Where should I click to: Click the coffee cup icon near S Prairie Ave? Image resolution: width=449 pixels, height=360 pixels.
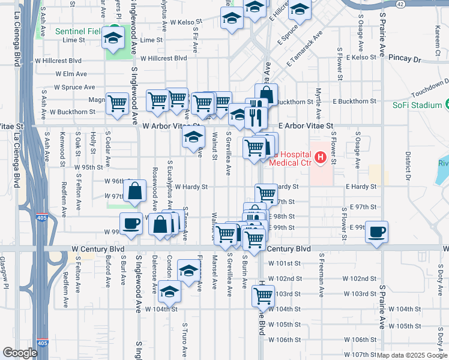tap(376, 232)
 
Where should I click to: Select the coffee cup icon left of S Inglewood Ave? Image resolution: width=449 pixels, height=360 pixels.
tap(131, 224)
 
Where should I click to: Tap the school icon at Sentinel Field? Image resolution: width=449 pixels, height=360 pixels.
tap(112, 38)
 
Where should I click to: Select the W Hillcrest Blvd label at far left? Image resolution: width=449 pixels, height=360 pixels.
tap(58, 61)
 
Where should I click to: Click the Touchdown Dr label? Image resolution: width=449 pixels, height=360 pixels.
tap(430, 88)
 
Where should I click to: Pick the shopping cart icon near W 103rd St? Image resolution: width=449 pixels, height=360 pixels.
tap(263, 294)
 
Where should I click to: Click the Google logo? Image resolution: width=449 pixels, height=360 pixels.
tap(20, 353)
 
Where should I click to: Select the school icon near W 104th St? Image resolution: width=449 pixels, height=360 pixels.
tap(169, 292)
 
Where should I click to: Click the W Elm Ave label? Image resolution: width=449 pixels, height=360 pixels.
tap(71, 74)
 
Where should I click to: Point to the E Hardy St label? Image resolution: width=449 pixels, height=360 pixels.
tap(361, 187)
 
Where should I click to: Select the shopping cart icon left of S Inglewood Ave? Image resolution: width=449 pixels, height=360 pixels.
tap(118, 103)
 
